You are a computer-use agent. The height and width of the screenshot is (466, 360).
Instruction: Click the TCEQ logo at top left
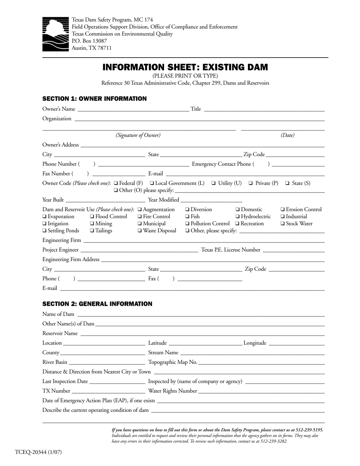pyautogui.click(x=56, y=34)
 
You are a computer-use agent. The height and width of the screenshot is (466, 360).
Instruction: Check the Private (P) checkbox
pyautogui.click(x=251, y=183)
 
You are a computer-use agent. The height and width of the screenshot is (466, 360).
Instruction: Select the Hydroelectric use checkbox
pyautogui.click(x=238, y=217)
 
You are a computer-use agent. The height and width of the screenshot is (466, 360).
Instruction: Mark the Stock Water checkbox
pyautogui.click(x=283, y=224)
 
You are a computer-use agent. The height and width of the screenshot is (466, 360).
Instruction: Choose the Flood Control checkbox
pyautogui.click(x=92, y=217)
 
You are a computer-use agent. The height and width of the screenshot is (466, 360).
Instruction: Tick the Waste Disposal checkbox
pyautogui.click(x=140, y=230)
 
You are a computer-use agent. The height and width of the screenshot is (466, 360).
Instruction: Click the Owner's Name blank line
pyautogui.click(x=133, y=110)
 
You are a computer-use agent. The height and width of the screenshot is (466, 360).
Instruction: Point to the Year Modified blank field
pyautogui.click(x=211, y=200)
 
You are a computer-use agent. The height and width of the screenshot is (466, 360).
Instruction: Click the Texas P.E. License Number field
pyautogui.click(x=294, y=250)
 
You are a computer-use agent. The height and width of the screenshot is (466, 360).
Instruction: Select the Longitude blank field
pyautogui.click(x=296, y=344)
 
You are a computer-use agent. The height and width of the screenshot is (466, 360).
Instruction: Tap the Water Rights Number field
pyautogui.click(x=261, y=391)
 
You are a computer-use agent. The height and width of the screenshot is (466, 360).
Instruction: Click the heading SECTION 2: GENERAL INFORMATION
pyautogui.click(x=97, y=304)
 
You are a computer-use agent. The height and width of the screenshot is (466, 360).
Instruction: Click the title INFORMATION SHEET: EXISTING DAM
pyautogui.click(x=185, y=67)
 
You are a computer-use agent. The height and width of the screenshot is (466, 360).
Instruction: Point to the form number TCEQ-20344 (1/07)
pyautogui.click(x=38, y=452)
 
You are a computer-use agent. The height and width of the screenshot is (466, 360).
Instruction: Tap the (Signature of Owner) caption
pyautogui.click(x=138, y=135)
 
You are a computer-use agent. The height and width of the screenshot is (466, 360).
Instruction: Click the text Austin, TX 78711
pyautogui.click(x=92, y=48)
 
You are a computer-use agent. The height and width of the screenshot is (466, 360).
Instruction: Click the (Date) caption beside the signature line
pyautogui.click(x=287, y=135)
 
